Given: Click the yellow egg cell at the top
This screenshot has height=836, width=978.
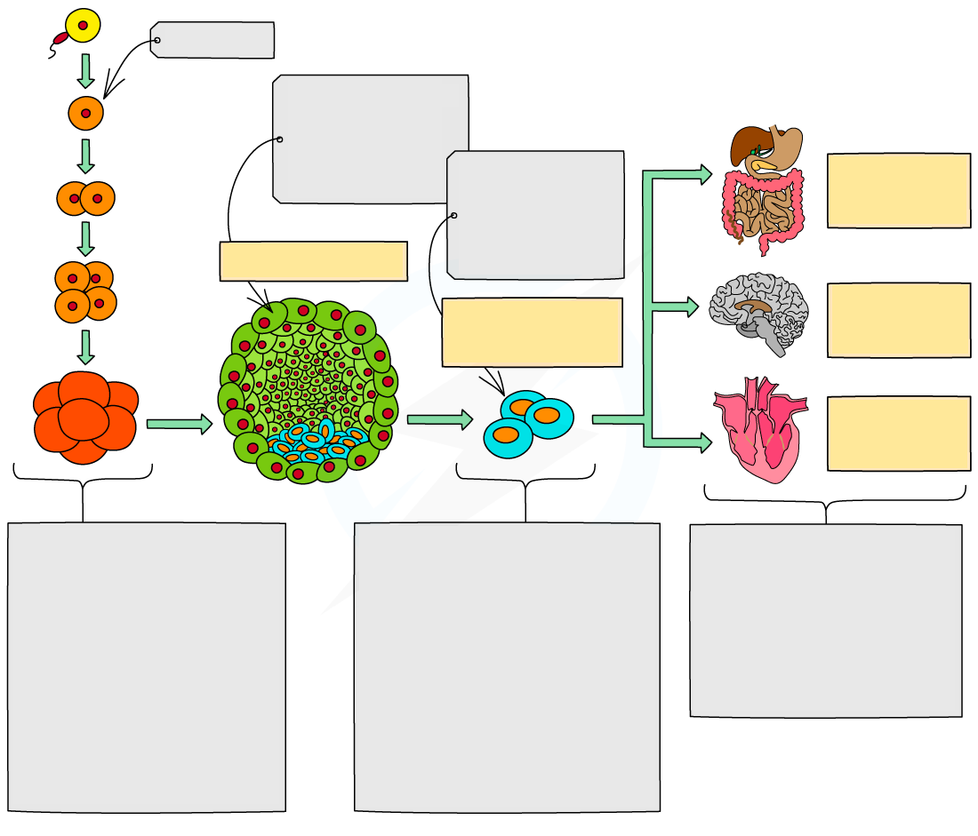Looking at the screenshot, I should tap(83, 26).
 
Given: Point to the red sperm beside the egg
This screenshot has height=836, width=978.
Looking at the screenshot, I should tap(60, 38).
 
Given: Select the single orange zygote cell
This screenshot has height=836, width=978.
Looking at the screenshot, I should tap(85, 113).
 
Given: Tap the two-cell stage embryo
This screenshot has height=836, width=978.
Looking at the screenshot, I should tap(85, 199).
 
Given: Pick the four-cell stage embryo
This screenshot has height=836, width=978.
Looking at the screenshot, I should tap(85, 291).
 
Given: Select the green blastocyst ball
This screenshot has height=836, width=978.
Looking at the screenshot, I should tap(308, 391).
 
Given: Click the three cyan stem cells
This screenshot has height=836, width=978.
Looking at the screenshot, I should tap(528, 423).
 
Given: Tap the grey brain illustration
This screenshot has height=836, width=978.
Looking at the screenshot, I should tap(759, 311).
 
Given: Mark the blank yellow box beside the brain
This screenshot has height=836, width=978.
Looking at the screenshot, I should tap(898, 320).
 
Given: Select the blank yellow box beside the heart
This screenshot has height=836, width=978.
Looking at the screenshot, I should tap(898, 434).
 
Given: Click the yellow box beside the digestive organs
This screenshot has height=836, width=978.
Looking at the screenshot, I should tap(898, 190).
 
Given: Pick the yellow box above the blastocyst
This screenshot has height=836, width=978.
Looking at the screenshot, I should tap(313, 261).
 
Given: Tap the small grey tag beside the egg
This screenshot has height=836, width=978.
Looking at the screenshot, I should tap(213, 40).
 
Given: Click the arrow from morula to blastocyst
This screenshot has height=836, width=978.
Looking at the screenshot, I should tap(179, 424).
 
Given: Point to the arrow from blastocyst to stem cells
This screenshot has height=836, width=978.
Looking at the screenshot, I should tap(439, 419).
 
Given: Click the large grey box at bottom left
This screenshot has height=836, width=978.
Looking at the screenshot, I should tap(147, 666).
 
